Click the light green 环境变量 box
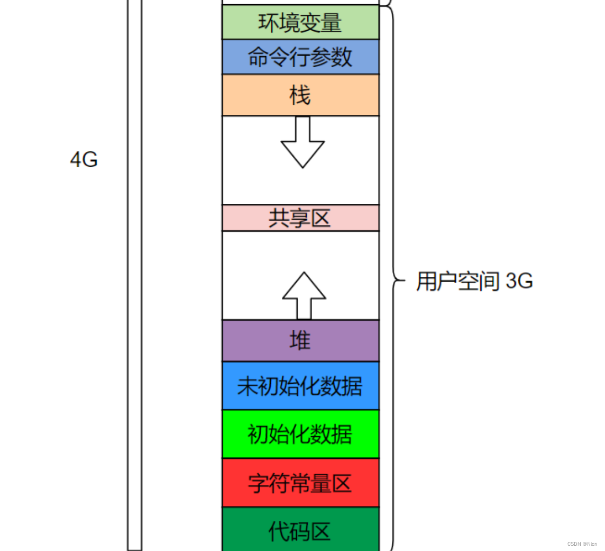click(x=300, y=22)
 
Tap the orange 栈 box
click(x=300, y=95)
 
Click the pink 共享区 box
click(x=300, y=218)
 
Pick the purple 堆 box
click(x=300, y=341)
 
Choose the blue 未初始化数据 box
click(x=300, y=386)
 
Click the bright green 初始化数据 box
click(x=300, y=434)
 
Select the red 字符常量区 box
click(x=300, y=483)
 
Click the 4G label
click(x=84, y=159)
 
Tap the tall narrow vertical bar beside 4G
click(x=135, y=275)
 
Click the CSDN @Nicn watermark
click(x=582, y=544)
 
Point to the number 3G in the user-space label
click(x=519, y=281)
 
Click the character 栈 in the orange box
click(x=300, y=95)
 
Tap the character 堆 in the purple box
click(x=300, y=341)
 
